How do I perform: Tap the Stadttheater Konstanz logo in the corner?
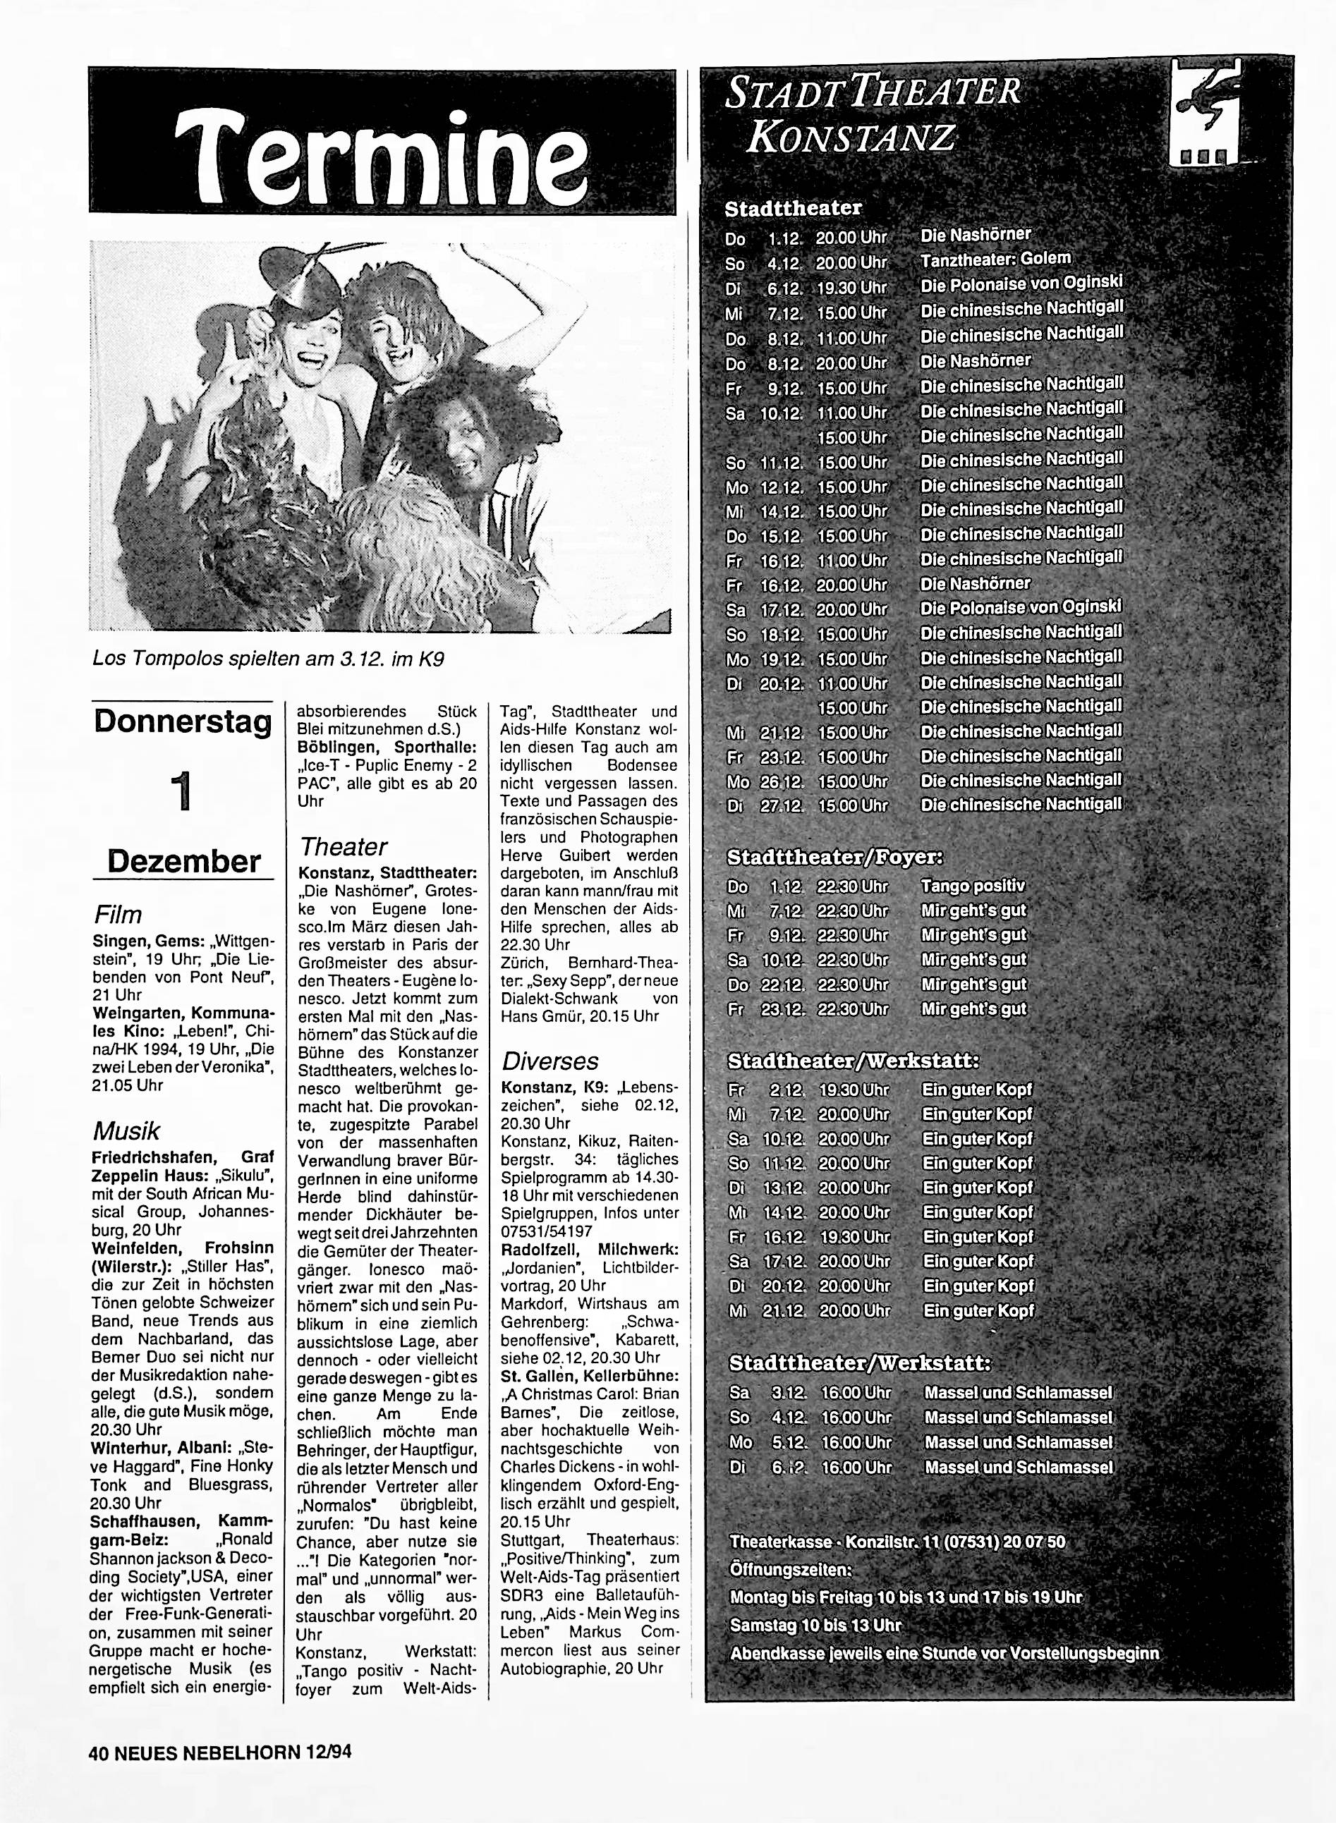(1204, 116)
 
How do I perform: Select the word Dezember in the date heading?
(184, 861)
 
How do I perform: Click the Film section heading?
(118, 915)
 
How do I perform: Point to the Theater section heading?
(343, 846)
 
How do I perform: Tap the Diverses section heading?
(550, 1061)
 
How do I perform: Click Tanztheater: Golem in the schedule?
(995, 260)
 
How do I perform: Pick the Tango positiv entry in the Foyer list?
(973, 886)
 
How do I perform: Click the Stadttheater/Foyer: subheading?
(834, 856)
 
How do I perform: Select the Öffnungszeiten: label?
(790, 1570)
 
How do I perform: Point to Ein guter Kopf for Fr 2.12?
(977, 1090)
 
